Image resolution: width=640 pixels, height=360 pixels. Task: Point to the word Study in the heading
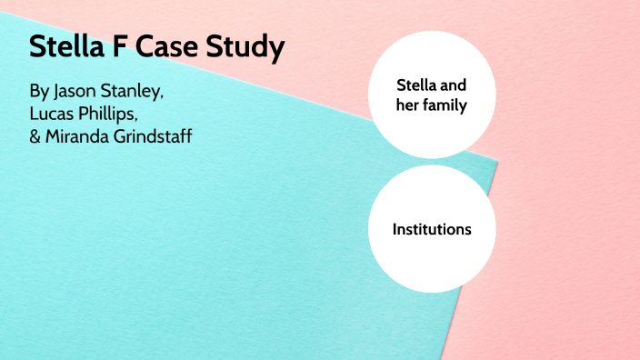click(x=248, y=48)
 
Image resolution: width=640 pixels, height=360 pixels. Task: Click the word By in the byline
click(x=40, y=93)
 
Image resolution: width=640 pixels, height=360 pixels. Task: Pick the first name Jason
click(x=78, y=93)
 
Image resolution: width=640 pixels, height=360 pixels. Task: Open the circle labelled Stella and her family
click(x=432, y=95)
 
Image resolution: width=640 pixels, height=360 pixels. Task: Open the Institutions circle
click(x=432, y=228)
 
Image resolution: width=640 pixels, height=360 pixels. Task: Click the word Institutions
click(x=432, y=229)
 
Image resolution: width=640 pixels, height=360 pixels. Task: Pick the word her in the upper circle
click(x=409, y=105)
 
